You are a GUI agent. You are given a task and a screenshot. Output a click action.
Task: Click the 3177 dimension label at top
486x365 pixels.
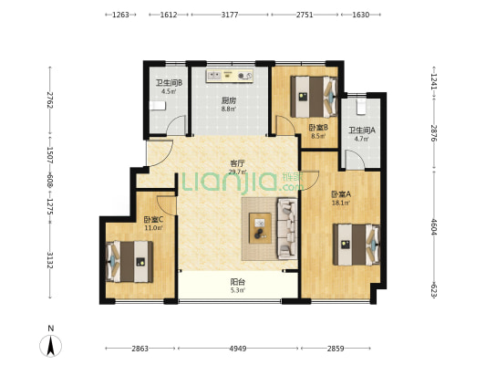coord(230,15)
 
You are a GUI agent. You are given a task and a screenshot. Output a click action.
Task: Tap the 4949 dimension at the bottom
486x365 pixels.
coord(238,349)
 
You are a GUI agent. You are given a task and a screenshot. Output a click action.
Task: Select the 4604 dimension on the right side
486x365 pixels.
coord(434,227)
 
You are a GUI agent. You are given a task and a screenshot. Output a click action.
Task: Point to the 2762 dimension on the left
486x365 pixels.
coord(49,99)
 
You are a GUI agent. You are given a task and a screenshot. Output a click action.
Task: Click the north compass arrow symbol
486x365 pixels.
coord(51,346)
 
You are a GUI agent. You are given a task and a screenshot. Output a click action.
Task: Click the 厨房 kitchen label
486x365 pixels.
coord(229,100)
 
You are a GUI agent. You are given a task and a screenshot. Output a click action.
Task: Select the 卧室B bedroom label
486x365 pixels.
coord(318,128)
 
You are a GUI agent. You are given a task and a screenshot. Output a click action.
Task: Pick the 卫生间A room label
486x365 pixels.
coord(362,130)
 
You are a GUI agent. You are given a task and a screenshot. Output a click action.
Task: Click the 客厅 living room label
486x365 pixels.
coord(238,163)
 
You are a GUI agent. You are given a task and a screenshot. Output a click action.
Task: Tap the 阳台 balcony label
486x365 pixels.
coord(238,282)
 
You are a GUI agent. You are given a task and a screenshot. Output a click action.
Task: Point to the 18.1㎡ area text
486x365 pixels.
coord(341,203)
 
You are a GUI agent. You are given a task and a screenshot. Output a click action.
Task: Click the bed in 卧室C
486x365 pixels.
coord(129,261)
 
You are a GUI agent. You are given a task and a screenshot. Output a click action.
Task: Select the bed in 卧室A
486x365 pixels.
coord(357,245)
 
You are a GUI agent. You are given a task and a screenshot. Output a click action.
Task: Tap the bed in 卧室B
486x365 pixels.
coord(314,96)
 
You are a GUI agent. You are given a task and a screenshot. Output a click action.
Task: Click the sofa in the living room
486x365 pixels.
coord(286,229)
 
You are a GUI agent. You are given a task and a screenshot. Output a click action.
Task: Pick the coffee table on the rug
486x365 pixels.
coord(261,228)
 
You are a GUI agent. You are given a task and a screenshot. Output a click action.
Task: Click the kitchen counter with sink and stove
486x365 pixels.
coord(230,76)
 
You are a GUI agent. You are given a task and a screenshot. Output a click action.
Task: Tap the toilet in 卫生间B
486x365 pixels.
coord(158,106)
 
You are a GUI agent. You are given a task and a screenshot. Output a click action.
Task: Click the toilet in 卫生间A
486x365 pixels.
coord(361,107)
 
